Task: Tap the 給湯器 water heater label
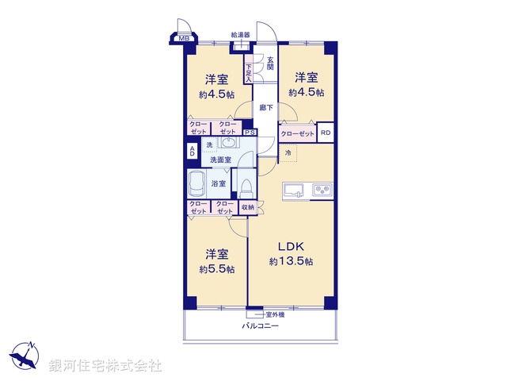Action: [241, 35]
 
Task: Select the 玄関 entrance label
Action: [270, 63]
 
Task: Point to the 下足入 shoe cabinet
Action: [248, 74]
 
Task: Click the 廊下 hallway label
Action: [265, 108]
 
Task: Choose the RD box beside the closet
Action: [326, 134]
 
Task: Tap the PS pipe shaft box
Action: [250, 133]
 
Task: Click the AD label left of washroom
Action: [191, 151]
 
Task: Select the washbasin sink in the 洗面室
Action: [227, 144]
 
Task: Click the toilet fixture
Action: [246, 187]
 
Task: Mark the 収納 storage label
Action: [247, 208]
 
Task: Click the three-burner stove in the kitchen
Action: [324, 190]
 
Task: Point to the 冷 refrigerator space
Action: [288, 152]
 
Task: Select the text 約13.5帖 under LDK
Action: [291, 262]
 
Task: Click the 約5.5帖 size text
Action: [217, 270]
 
